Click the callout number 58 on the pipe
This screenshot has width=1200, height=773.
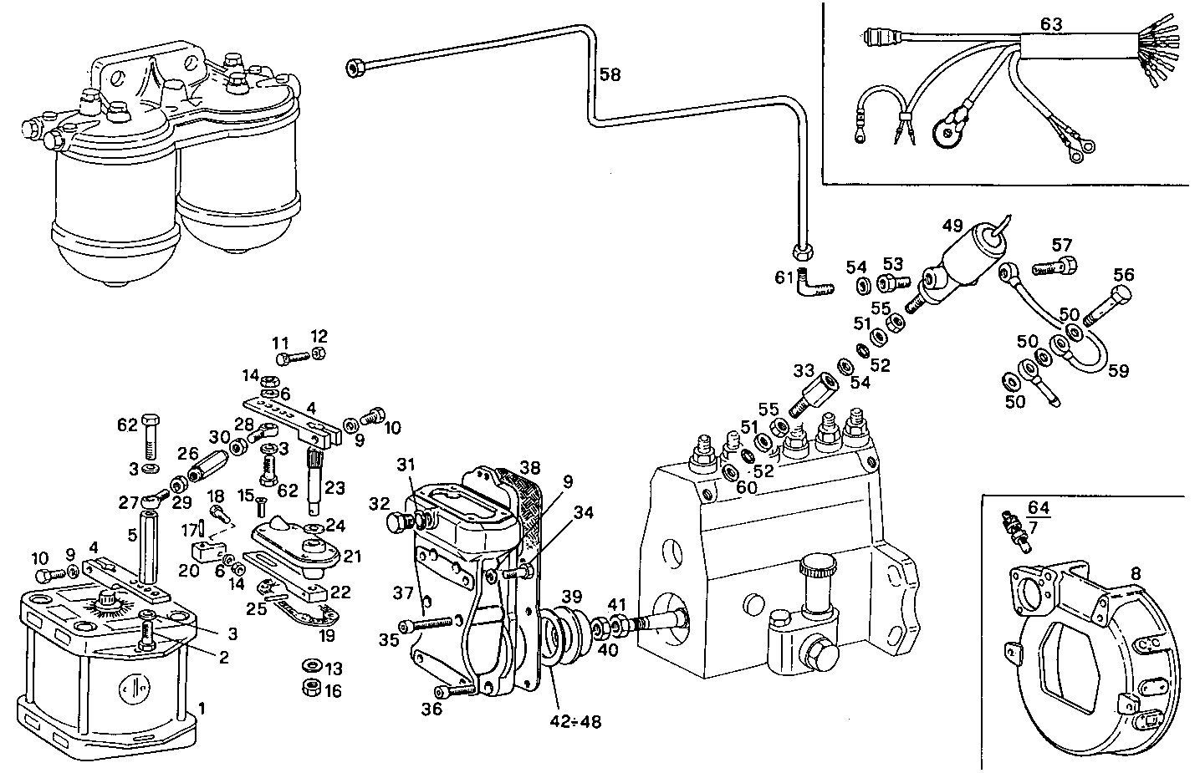tap(610, 75)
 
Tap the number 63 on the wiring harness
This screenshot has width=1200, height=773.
tap(1051, 24)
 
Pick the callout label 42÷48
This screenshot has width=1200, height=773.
tap(575, 720)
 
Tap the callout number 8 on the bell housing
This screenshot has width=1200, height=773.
tap(1136, 573)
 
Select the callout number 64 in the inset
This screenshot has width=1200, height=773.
tap(1038, 507)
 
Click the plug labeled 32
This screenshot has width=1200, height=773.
tap(397, 524)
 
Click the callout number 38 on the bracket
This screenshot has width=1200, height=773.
tap(529, 466)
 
